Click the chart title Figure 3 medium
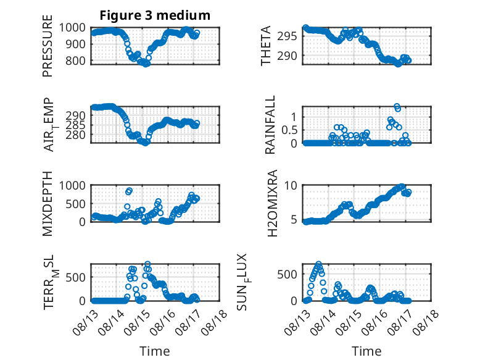click(x=155, y=15)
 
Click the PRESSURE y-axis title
click(x=48, y=46)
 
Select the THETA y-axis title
click(x=266, y=46)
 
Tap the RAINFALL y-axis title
click(x=270, y=125)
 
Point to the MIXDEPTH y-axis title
click(x=48, y=203)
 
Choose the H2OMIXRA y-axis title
click(x=272, y=203)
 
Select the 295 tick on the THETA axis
click(x=287, y=36)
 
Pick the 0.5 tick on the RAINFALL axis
click(x=289, y=130)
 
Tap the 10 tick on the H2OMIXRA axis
click(x=291, y=185)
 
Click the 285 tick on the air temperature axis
click(x=76, y=125)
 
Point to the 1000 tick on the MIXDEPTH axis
click(x=72, y=185)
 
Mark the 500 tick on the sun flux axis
click(x=287, y=274)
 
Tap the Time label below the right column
click(x=366, y=351)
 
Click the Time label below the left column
click(x=155, y=351)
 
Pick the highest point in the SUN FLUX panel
click(x=319, y=264)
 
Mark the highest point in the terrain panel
click(x=147, y=264)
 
